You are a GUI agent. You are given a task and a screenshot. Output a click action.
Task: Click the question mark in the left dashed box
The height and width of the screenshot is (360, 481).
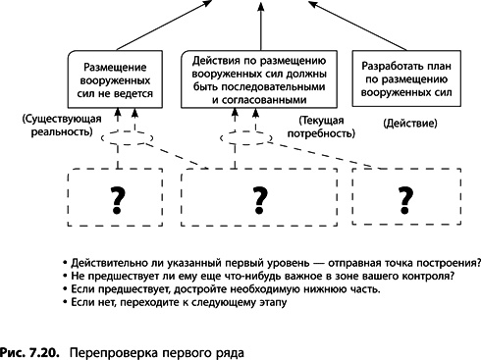click(x=118, y=199)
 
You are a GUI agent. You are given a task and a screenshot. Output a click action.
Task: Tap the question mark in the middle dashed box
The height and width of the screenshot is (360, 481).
click(x=260, y=199)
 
